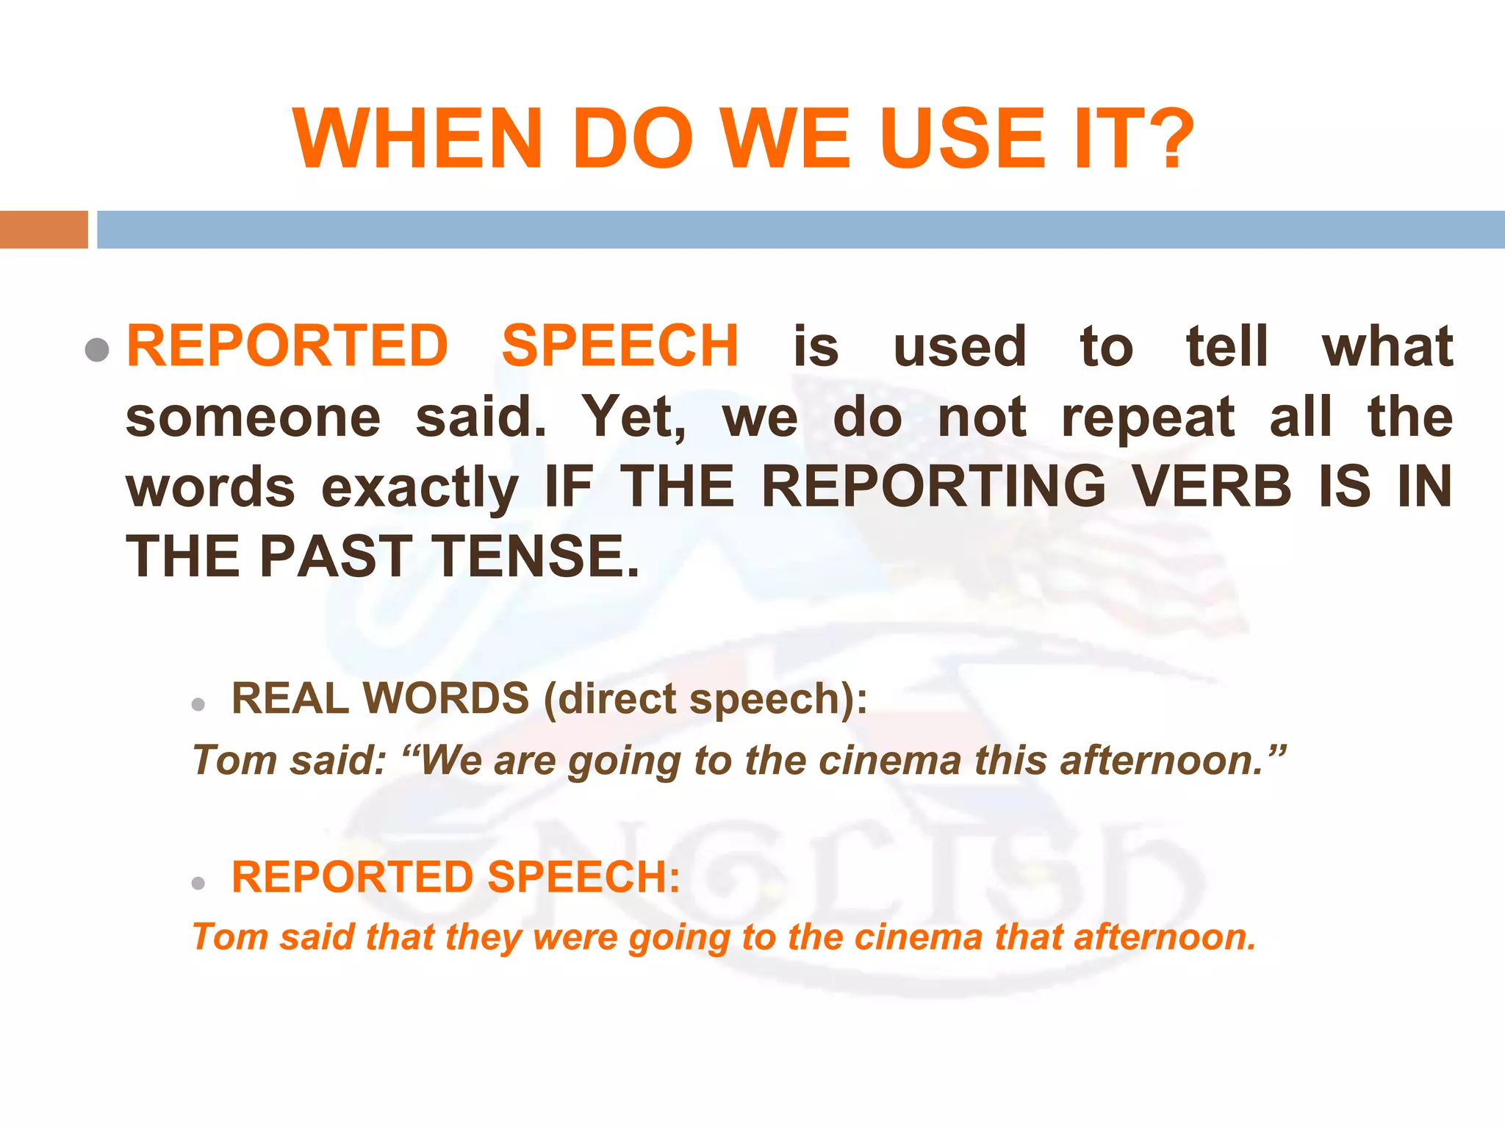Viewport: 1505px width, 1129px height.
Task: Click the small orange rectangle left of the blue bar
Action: coord(44,229)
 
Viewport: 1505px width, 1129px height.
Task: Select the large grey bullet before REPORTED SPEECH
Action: coord(96,349)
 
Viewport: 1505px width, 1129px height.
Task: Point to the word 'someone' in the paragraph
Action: coord(254,417)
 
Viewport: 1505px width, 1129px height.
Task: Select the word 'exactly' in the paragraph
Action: coord(420,488)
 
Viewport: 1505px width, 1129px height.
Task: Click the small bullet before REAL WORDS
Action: coord(198,705)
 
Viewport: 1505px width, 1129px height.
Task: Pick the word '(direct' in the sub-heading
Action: coord(610,698)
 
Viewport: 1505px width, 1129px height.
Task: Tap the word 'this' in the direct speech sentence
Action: coord(1010,760)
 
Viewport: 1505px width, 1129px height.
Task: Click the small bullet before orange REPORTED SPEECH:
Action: coord(198,883)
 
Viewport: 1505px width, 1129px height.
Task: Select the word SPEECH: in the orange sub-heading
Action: coord(583,877)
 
